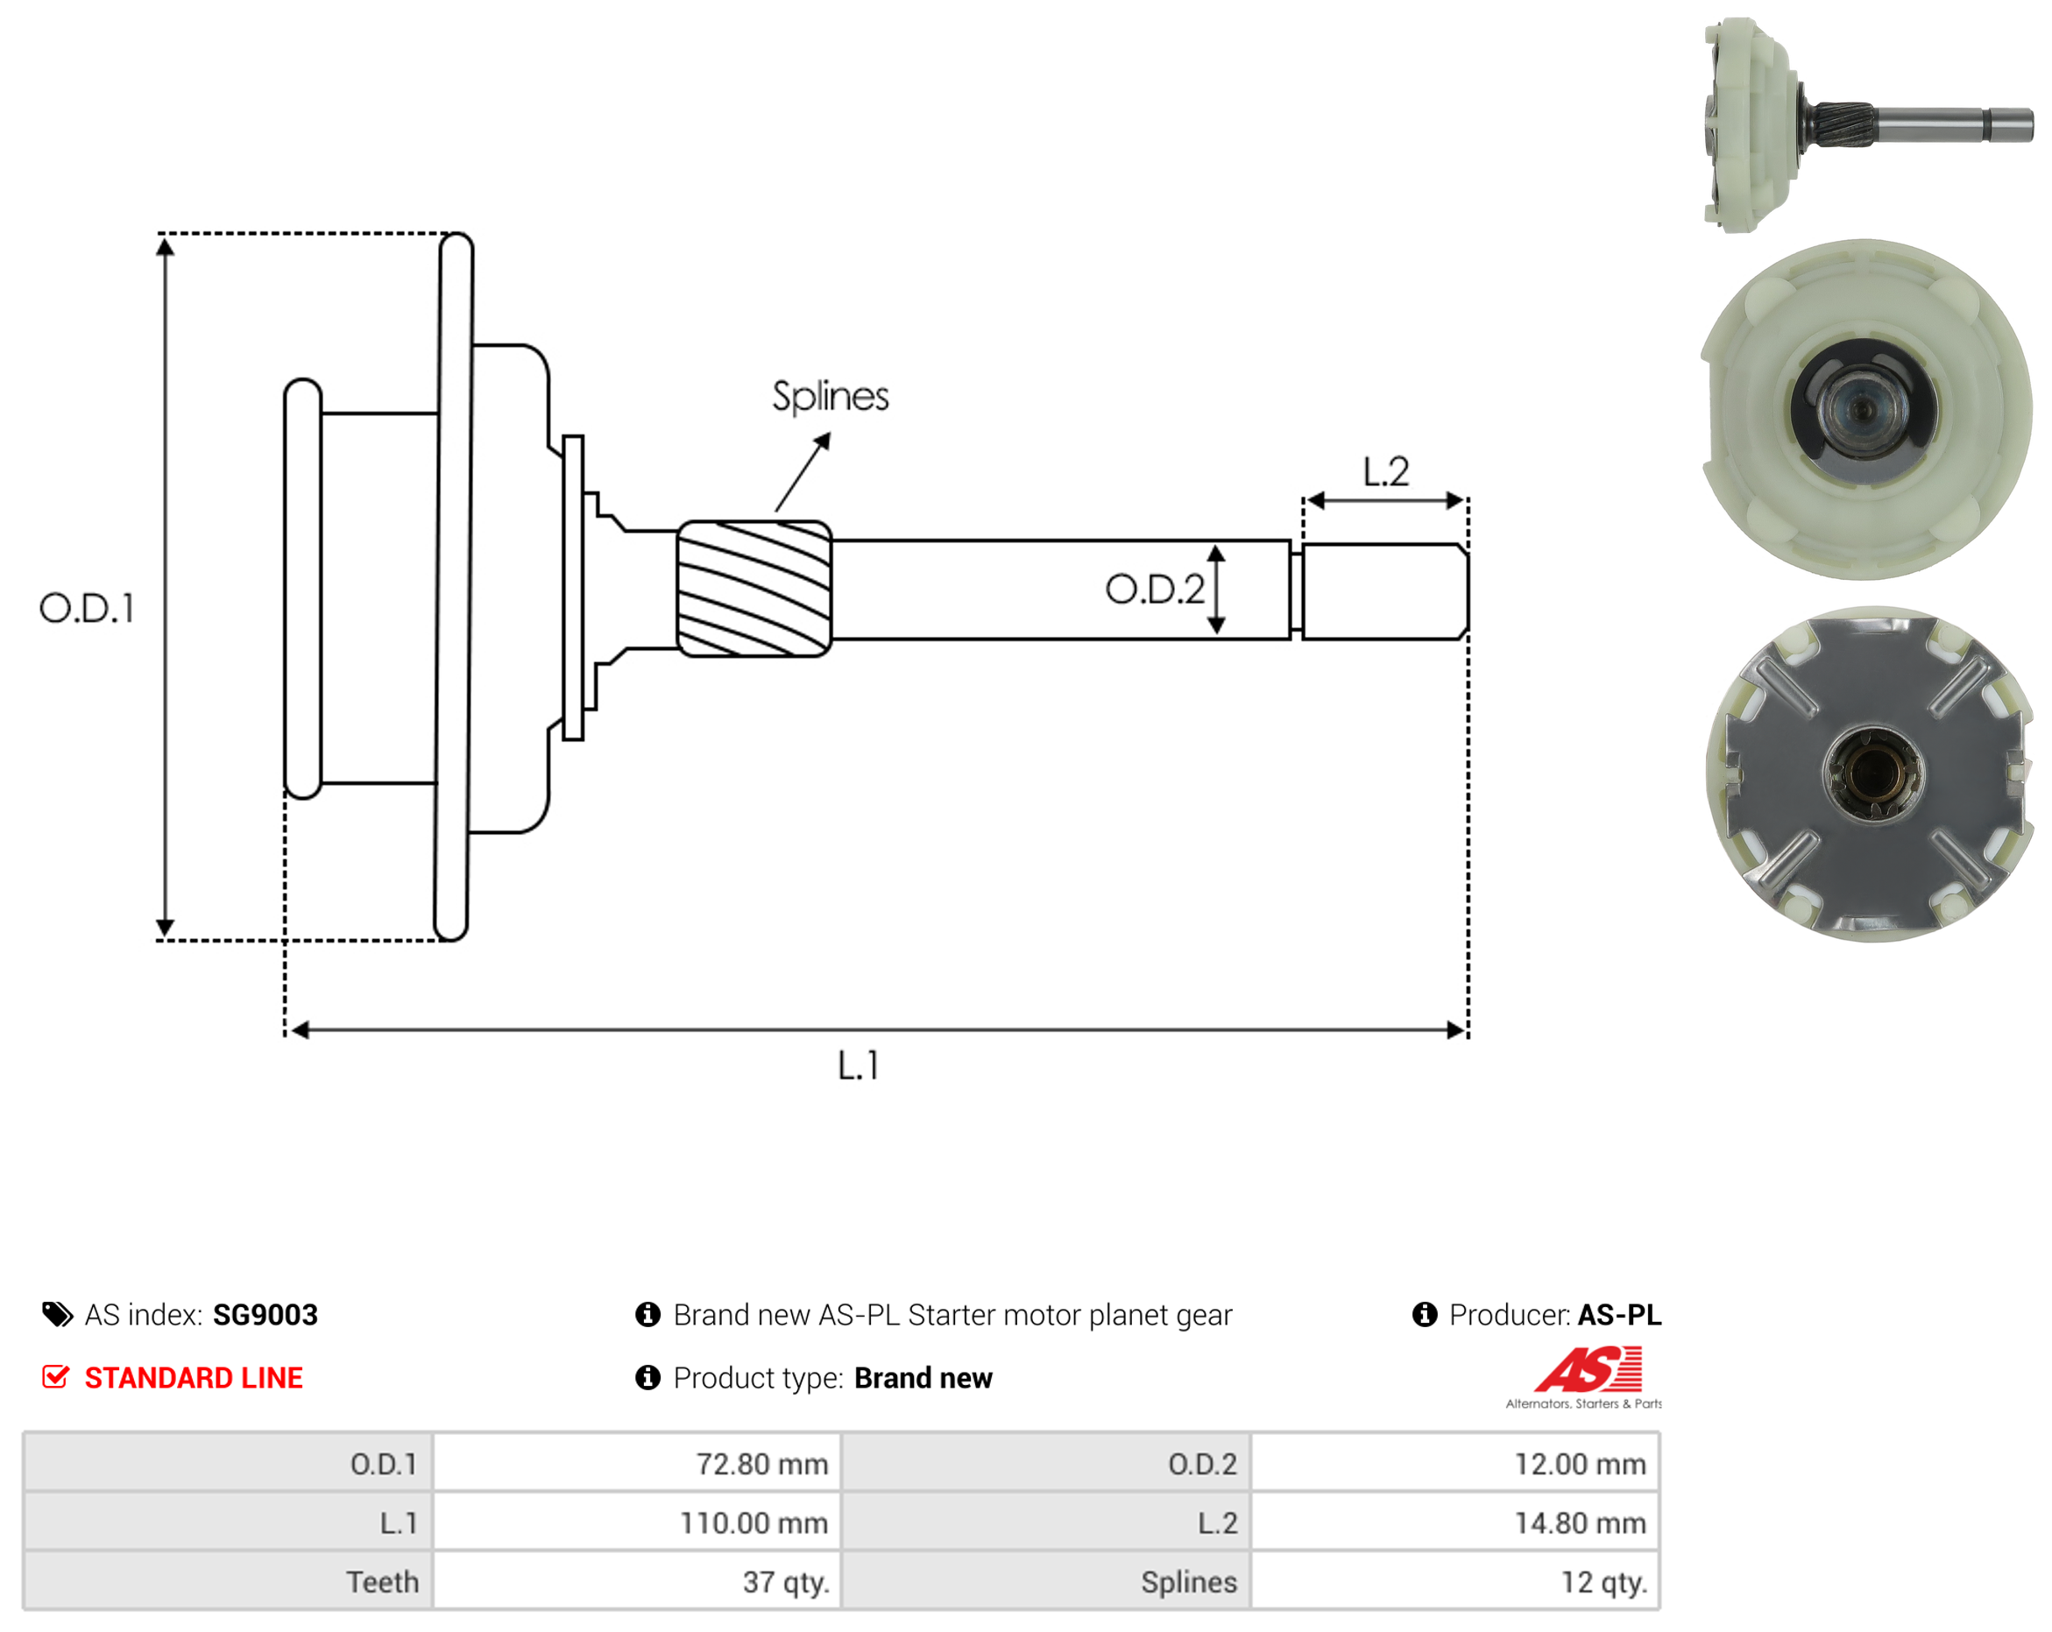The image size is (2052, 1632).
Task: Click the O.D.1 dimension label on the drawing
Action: [87, 608]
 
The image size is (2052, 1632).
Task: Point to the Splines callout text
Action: [830, 397]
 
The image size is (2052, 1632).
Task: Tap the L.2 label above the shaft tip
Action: [1385, 471]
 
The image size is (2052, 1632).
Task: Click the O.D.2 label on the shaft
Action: [1155, 589]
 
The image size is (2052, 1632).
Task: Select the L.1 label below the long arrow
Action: [859, 1065]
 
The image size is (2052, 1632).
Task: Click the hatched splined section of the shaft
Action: [754, 588]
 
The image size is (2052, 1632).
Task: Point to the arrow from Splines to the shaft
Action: [803, 473]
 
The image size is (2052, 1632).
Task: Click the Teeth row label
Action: [382, 1581]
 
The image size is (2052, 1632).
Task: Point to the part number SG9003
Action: [265, 1314]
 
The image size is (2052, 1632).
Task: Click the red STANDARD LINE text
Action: [194, 1377]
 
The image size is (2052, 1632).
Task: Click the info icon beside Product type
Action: [647, 1377]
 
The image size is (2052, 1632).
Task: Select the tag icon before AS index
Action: [57, 1314]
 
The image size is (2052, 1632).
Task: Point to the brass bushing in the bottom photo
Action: [1872, 774]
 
